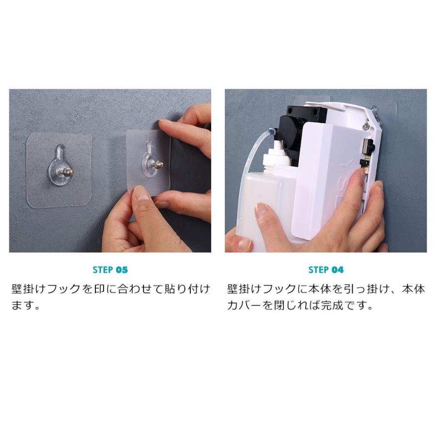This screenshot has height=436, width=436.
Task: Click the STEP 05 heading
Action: coord(110,270)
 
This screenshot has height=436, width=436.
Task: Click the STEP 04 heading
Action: coord(326,270)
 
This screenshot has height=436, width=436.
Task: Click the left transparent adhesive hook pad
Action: coord(59,170)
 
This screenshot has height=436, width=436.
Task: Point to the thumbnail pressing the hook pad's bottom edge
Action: coord(141,193)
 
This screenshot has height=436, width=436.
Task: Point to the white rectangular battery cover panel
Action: coord(326,181)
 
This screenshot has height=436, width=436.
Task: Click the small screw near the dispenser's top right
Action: coord(366,127)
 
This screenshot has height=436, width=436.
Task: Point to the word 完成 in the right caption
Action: coord(332,305)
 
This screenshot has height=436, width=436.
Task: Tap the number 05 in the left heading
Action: coord(122,270)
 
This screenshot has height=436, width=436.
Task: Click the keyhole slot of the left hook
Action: coord(60,153)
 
